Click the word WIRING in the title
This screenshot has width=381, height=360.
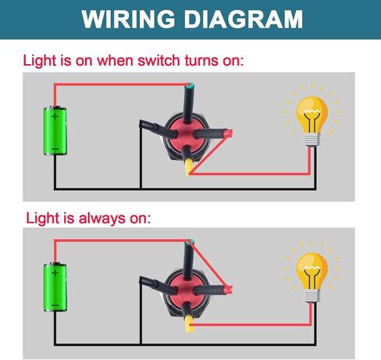pyautogui.click(x=128, y=19)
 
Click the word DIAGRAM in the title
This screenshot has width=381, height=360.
pyautogui.click(x=244, y=19)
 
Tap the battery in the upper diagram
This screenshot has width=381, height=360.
pyautogui.click(x=55, y=130)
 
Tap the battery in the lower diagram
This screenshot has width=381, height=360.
pyautogui.click(x=55, y=287)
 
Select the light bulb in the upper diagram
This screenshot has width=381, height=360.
pyautogui.click(x=312, y=120)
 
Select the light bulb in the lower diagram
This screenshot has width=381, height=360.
pyautogui.click(x=312, y=276)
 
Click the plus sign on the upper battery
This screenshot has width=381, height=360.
pyautogui.click(x=55, y=116)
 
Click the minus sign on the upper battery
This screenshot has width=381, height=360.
pyautogui.click(x=55, y=149)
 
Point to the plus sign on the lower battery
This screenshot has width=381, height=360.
pyautogui.click(x=55, y=273)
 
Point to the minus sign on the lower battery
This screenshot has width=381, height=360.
pyautogui.click(x=55, y=305)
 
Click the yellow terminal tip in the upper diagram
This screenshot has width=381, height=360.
pyautogui.click(x=189, y=167)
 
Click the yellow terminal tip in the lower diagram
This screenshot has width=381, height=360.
pyautogui.click(x=190, y=323)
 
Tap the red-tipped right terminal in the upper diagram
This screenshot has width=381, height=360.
pyautogui.click(x=228, y=134)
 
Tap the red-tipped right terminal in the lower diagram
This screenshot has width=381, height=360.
pyautogui.click(x=228, y=289)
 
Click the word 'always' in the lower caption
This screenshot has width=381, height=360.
pyautogui.click(x=101, y=218)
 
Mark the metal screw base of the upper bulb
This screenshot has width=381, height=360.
pyautogui.click(x=312, y=140)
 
